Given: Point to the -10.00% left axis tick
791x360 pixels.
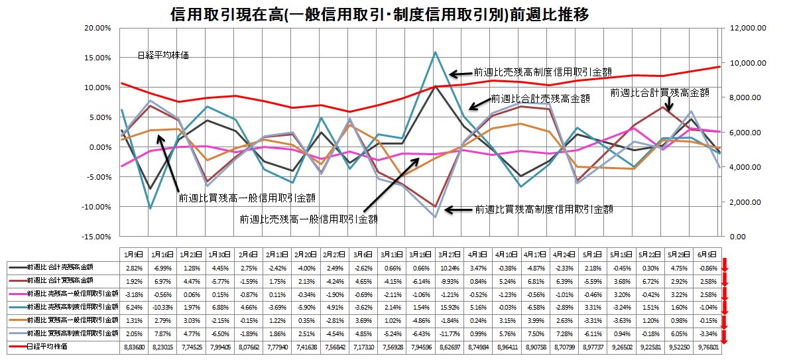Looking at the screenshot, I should (x=97, y=207).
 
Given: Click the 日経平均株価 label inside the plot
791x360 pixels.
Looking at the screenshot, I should (x=162, y=56).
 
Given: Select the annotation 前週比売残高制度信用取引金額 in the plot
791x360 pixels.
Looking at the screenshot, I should (x=542, y=72).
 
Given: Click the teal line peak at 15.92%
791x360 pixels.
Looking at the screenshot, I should (x=435, y=52).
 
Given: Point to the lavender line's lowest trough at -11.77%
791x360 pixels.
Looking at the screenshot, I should (x=435, y=217).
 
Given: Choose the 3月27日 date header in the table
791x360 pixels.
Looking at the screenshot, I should (x=436, y=254).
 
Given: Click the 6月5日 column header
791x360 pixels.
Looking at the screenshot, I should (x=705, y=254).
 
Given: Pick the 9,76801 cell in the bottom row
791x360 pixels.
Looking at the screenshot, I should (x=705, y=346).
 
